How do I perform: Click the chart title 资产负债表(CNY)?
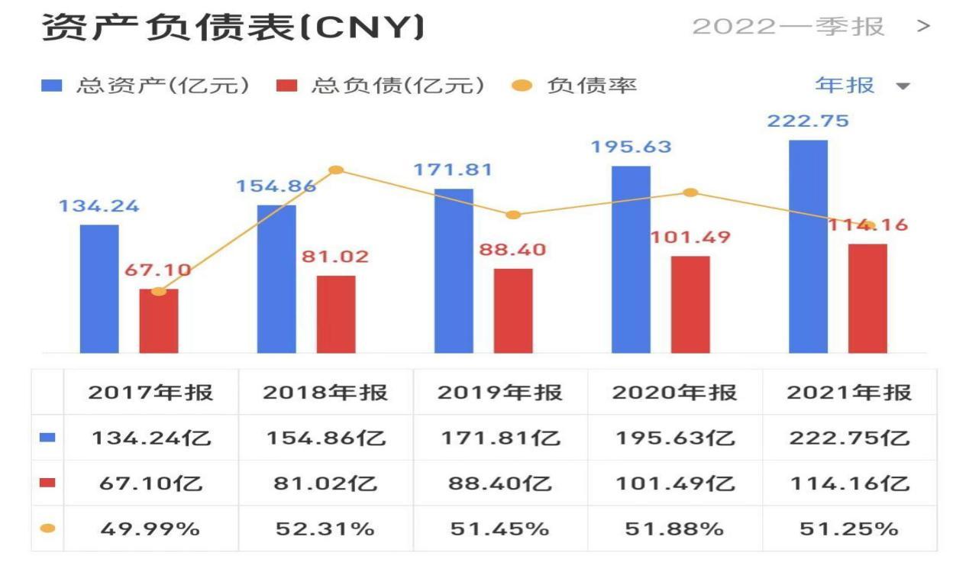[x=233, y=27]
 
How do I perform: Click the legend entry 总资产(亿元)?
[x=145, y=86]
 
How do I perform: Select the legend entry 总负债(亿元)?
[x=380, y=86]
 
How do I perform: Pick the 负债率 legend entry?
[x=574, y=86]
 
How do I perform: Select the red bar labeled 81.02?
[x=336, y=314]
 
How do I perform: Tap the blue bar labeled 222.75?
[x=808, y=246]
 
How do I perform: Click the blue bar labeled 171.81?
[x=454, y=270]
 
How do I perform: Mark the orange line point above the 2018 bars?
[x=335, y=170]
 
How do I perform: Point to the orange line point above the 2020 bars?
[x=690, y=192]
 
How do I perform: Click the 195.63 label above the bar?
[x=631, y=147]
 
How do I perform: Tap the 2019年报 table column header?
[x=500, y=393]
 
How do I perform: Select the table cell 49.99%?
[x=150, y=529]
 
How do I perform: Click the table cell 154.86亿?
[x=326, y=438]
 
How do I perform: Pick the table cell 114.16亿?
[x=849, y=483]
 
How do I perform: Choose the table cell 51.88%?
[x=674, y=529]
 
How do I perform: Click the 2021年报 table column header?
[x=849, y=393]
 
